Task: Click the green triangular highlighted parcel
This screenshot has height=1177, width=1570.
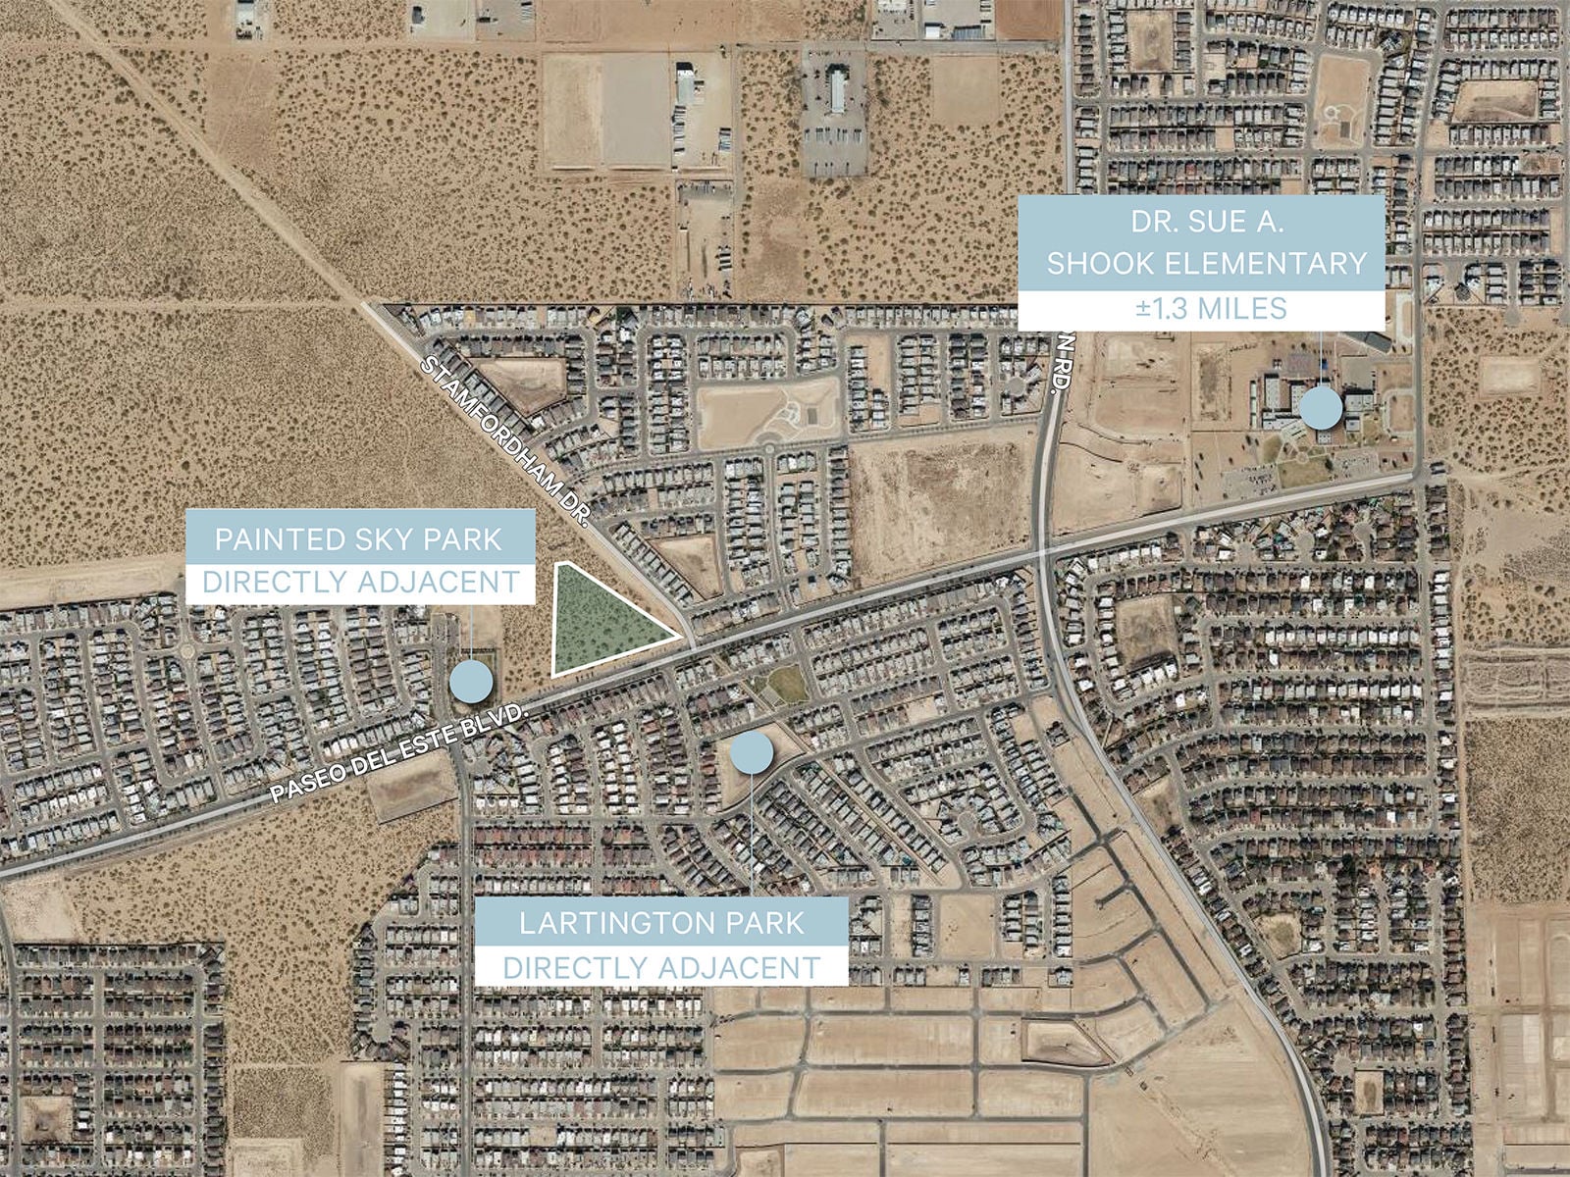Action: pos(599,624)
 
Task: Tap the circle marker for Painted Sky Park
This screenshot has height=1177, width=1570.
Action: pos(471,680)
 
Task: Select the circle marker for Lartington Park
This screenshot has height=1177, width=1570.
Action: pos(752,751)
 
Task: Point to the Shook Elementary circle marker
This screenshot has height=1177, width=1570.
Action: pos(1321,407)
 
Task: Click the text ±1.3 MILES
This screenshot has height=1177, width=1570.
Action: pos(1211,309)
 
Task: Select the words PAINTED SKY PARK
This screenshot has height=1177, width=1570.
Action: pos(358,539)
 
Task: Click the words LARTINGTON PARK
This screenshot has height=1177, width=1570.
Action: pos(661,923)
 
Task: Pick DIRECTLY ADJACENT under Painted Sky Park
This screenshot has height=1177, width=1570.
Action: pos(360,583)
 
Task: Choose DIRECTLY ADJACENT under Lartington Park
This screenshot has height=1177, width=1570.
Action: pos(661,967)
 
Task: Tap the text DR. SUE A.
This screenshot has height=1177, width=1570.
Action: pos(1206,222)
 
